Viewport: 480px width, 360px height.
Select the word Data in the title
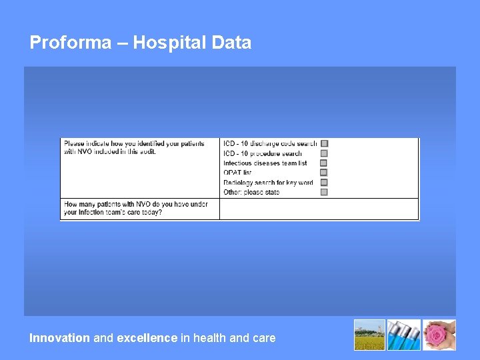[x=231, y=43]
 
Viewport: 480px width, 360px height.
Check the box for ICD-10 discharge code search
[x=324, y=143]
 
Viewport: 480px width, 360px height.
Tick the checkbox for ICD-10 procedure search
[x=324, y=153]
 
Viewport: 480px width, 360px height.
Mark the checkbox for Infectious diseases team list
[x=324, y=163]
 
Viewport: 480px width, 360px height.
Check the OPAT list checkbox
[x=324, y=173]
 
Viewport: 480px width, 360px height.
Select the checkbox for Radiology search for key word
[x=324, y=182]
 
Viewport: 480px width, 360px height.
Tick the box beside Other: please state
[x=324, y=192]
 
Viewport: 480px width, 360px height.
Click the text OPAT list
[x=237, y=173]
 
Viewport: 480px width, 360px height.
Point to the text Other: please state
[x=251, y=192]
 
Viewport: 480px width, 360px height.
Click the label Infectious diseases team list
[x=265, y=163]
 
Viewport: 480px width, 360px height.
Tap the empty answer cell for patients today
[x=319, y=209]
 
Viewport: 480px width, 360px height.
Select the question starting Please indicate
[x=134, y=147]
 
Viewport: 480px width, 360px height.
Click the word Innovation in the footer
[x=59, y=338]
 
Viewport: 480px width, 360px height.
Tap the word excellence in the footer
[x=147, y=338]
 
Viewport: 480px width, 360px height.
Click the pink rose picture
[x=440, y=335]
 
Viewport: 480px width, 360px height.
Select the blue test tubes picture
[x=405, y=335]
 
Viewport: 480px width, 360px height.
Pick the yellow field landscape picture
[x=369, y=335]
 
